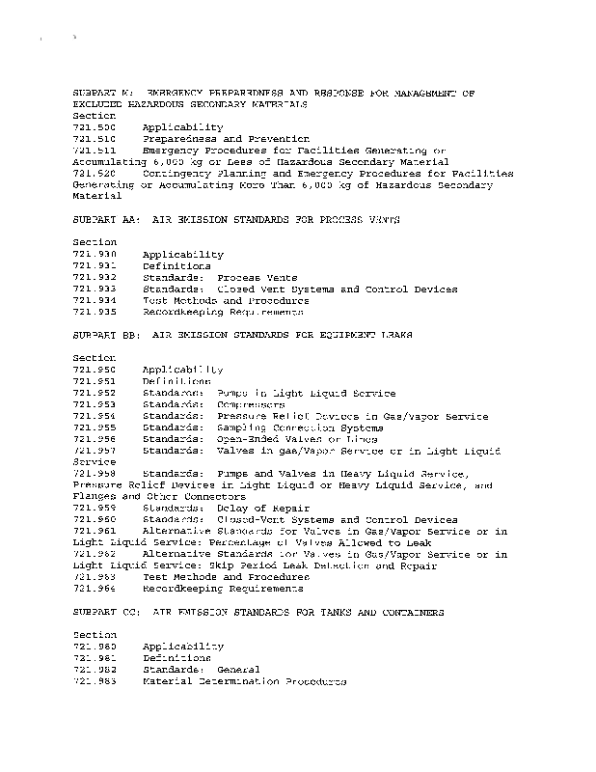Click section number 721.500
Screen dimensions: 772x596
94,127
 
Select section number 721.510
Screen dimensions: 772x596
94,139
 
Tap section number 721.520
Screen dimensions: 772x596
94,174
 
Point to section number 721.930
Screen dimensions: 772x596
94,255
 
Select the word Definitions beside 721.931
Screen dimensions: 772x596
176,266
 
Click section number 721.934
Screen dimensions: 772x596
94,301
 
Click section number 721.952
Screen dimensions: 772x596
94,394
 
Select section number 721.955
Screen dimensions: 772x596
94,427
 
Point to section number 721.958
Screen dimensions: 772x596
94,474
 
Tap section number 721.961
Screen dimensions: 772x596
94,532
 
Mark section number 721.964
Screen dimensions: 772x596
94,589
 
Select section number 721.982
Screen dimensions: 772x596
94,670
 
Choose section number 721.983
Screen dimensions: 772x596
94,681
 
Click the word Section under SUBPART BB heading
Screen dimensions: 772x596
94,358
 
